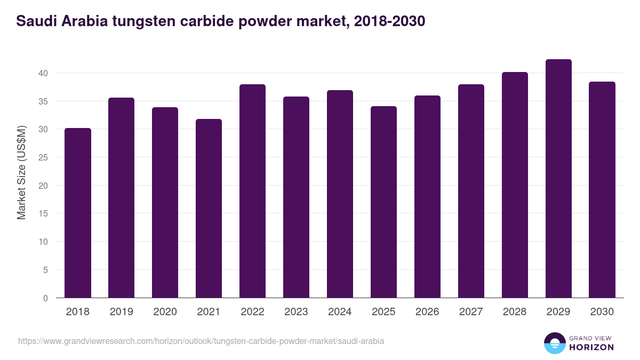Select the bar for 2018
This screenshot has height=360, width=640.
coord(78,213)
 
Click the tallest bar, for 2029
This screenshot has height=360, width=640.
coord(558,179)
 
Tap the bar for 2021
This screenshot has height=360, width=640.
coord(209,209)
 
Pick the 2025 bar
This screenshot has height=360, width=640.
coord(383,202)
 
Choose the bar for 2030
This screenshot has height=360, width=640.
coord(602,190)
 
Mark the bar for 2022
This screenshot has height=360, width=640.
coord(252,191)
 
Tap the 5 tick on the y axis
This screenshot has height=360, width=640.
coord(46,270)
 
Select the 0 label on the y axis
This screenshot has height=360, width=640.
coord(46,298)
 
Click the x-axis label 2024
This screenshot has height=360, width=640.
coord(340,312)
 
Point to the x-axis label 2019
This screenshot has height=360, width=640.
coord(121,312)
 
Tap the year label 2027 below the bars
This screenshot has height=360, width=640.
coord(471,312)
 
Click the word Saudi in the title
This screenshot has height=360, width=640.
coord(35,21)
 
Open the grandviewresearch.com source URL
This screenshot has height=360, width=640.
coord(201,341)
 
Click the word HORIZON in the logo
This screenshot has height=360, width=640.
coord(591,347)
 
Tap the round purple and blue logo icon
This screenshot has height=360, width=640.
coord(555,343)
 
